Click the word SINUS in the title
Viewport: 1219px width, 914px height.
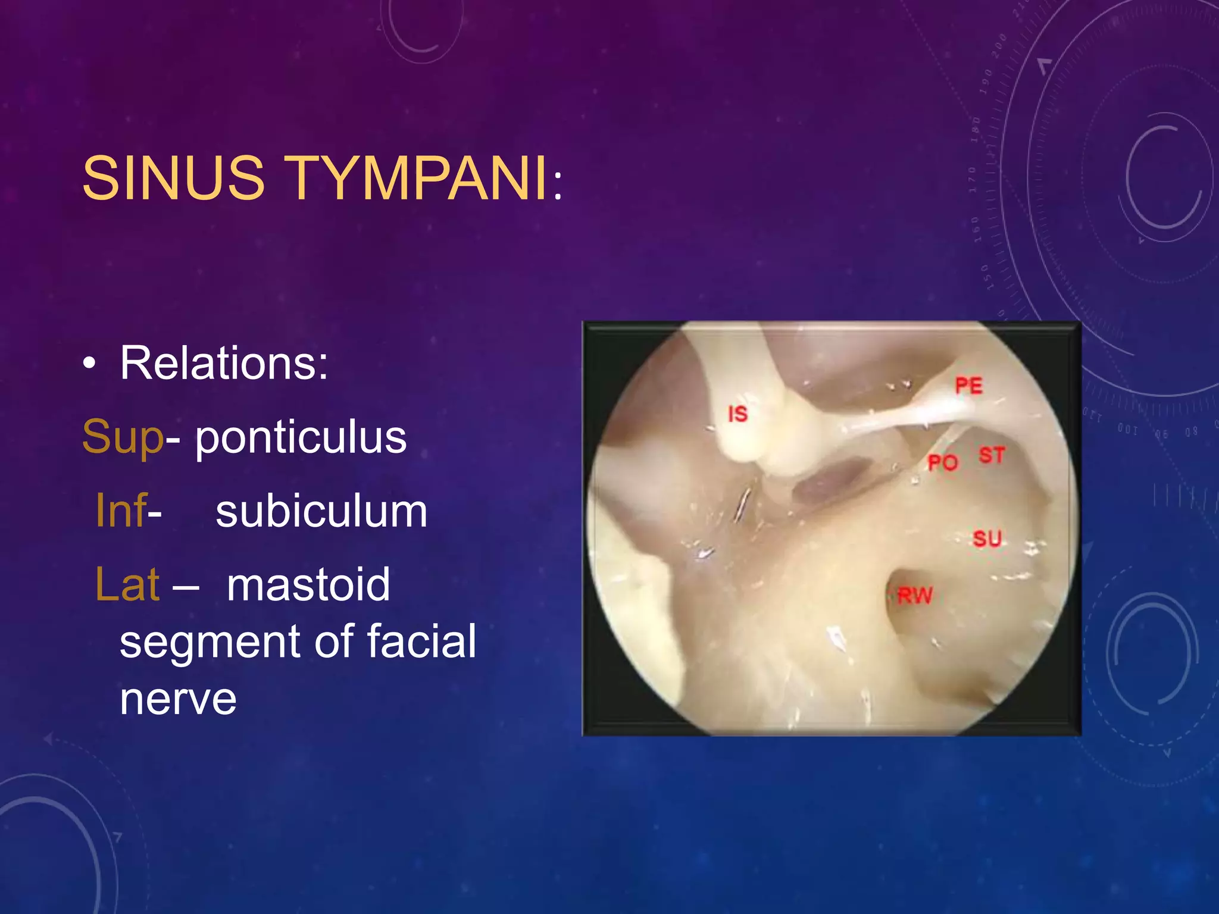173,178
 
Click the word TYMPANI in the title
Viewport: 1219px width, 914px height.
418,178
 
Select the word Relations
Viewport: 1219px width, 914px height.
223,363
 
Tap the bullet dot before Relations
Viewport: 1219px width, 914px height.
89,364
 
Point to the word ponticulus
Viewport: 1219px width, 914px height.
301,437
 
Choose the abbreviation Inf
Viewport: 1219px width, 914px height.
121,511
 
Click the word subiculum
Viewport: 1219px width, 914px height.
321,512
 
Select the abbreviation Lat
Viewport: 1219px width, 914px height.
127,584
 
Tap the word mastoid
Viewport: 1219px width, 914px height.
308,584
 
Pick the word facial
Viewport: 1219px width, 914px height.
421,641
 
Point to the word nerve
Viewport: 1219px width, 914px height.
178,700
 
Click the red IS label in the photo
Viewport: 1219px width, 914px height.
738,414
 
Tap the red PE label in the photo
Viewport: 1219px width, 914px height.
968,386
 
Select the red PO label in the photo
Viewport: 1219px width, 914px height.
943,462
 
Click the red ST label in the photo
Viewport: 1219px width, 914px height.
992,456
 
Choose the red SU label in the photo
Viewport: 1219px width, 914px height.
987,539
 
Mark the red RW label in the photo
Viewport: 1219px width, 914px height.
915,595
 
